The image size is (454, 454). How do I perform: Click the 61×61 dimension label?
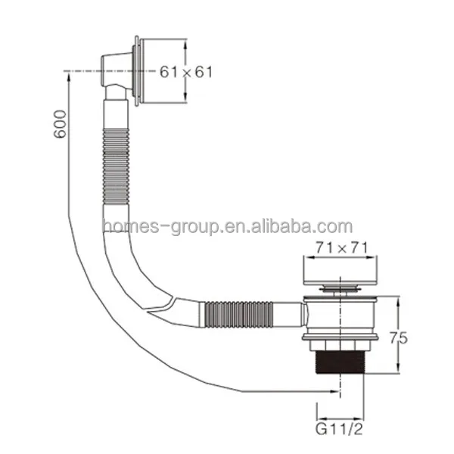[x=186, y=72]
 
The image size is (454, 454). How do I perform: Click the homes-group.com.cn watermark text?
[x=227, y=226]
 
